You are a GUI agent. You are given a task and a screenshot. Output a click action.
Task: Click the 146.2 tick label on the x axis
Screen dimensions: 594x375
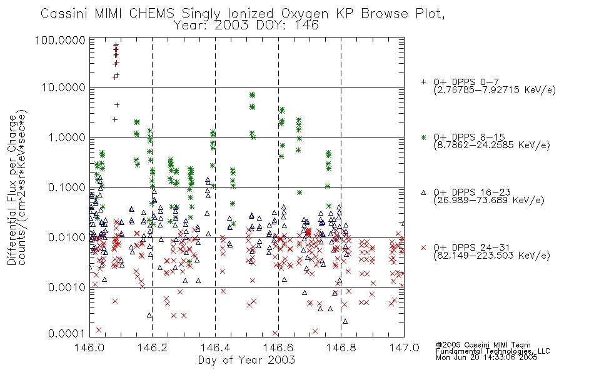pos(153,347)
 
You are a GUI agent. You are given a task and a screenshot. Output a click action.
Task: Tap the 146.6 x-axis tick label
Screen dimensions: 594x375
pos(278,347)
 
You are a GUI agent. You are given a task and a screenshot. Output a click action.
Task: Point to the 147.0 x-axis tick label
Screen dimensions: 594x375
pos(404,347)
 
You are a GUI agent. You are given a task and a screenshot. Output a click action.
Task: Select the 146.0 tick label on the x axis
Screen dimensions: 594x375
pos(89,347)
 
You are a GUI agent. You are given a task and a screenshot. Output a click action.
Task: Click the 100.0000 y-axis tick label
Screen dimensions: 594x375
pos(60,40)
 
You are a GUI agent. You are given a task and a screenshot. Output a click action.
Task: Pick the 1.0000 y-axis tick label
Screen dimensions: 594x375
pos(67,137)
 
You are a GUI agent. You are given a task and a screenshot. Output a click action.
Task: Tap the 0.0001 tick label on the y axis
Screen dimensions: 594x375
pos(67,334)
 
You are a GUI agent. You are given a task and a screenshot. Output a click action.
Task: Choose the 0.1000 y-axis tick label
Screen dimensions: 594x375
pos(67,187)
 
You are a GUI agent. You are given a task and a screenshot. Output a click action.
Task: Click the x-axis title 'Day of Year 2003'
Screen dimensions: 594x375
pos(246,360)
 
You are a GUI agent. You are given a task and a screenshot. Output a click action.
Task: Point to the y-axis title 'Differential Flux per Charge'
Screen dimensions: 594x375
pos(12,190)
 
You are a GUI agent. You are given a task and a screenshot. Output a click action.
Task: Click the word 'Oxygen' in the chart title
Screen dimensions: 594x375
pos(305,14)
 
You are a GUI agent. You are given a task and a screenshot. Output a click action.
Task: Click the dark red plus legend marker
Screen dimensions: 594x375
pos(423,82)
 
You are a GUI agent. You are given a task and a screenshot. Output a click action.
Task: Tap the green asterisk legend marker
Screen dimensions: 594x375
pos(423,137)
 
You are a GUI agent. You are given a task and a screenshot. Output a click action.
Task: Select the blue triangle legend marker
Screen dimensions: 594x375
pos(423,192)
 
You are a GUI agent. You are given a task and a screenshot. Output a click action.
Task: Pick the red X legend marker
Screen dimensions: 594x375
pos(423,247)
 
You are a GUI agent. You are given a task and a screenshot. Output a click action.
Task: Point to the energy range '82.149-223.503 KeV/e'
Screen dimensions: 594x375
pos(491,256)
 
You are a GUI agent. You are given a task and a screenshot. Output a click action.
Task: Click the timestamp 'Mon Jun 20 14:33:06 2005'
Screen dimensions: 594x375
pos(486,357)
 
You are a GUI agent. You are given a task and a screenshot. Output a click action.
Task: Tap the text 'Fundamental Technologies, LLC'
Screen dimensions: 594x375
pos(493,351)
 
